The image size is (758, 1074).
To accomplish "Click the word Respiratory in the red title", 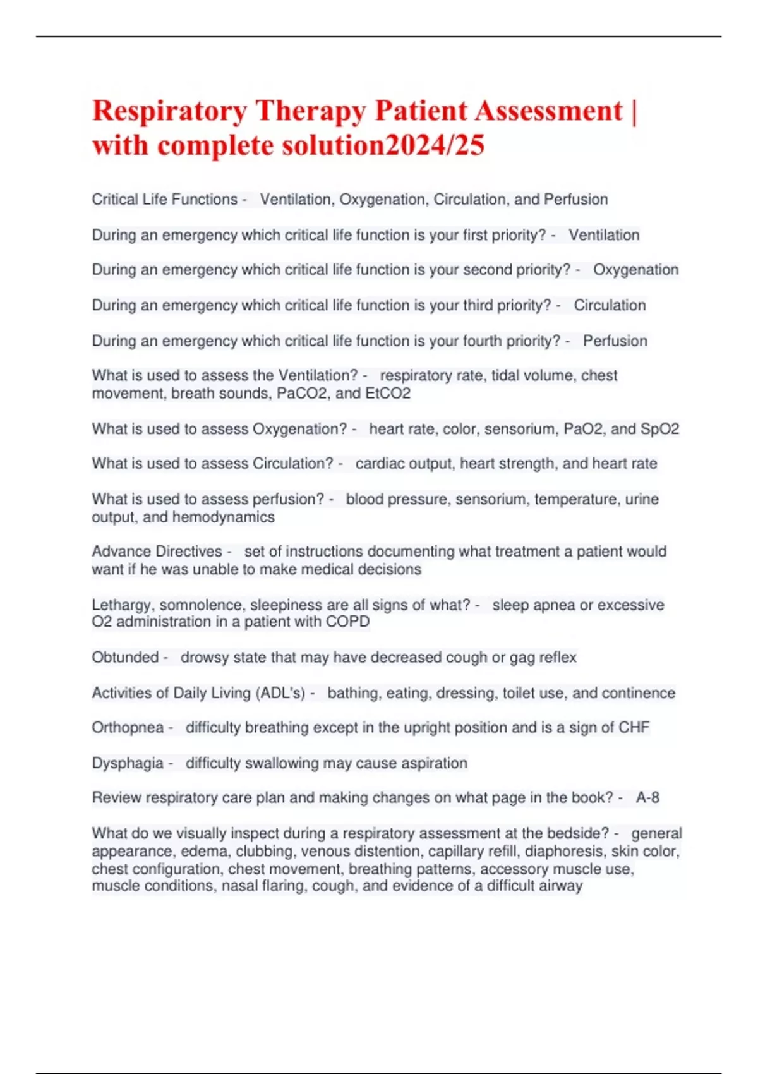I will pyautogui.click(x=169, y=112).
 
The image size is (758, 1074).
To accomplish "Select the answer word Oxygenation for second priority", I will pyautogui.click(x=635, y=270).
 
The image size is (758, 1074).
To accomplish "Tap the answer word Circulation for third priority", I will pyautogui.click(x=610, y=306).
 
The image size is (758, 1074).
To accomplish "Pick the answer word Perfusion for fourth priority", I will pyautogui.click(x=615, y=341).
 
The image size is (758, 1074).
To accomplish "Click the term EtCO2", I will pyautogui.click(x=388, y=394).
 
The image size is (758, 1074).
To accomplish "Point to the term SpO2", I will pyautogui.click(x=659, y=429).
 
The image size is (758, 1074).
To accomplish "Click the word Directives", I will pyautogui.click(x=188, y=552).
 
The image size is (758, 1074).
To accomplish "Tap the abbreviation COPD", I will pyautogui.click(x=348, y=622).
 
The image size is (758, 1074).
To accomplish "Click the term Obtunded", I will pyautogui.click(x=125, y=658).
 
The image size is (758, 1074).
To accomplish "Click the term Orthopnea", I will pyautogui.click(x=128, y=728).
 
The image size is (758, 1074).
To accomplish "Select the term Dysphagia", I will pyautogui.click(x=128, y=763).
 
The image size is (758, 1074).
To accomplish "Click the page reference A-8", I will pyautogui.click(x=647, y=798).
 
